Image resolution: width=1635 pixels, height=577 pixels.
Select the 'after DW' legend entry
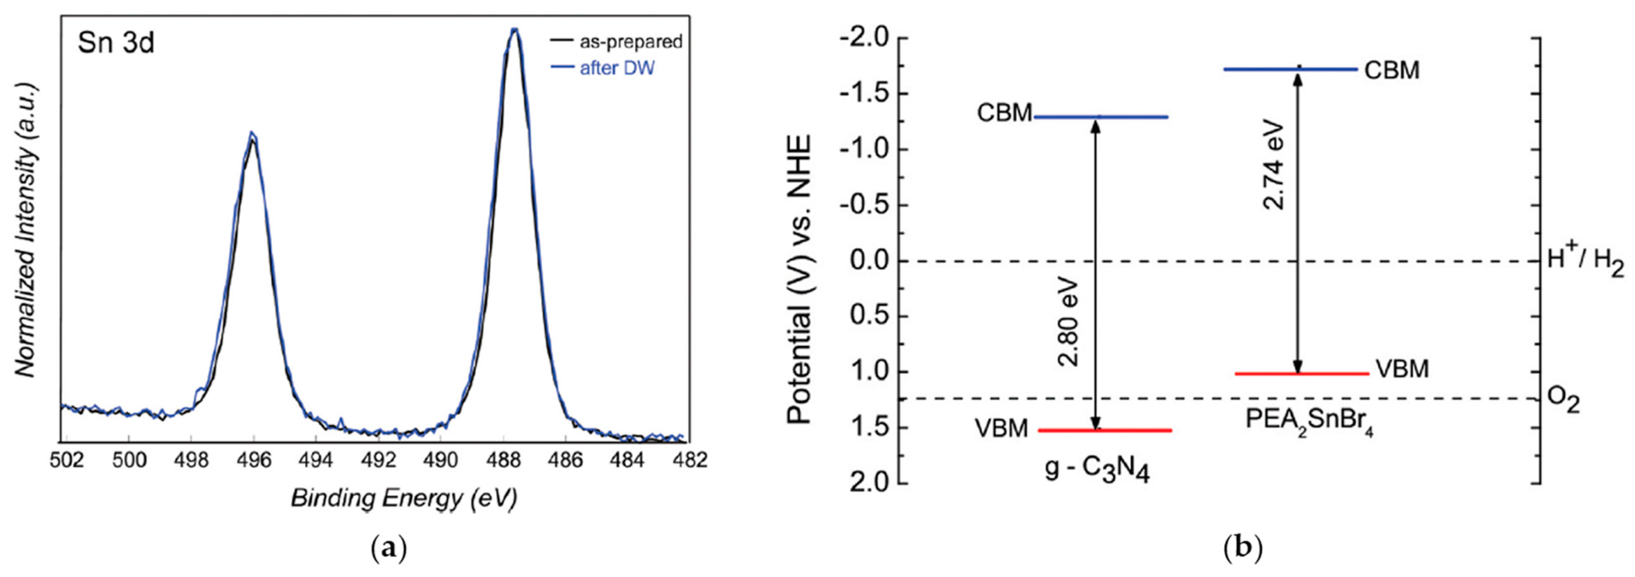[616, 68]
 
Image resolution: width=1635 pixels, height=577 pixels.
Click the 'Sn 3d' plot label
[116, 44]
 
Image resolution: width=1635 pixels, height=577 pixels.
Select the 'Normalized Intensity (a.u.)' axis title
[26, 228]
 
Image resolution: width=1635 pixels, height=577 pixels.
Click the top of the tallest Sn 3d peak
[515, 31]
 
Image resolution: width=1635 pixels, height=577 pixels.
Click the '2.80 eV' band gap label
[1069, 330]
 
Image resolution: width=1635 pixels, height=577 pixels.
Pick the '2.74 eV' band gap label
[1272, 166]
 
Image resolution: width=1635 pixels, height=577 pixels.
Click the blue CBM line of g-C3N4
[1101, 117]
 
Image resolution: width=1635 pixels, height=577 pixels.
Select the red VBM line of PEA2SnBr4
[1302, 374]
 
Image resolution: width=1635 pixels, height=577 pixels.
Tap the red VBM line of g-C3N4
[1104, 430]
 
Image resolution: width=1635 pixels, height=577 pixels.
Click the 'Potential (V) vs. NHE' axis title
[800, 279]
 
